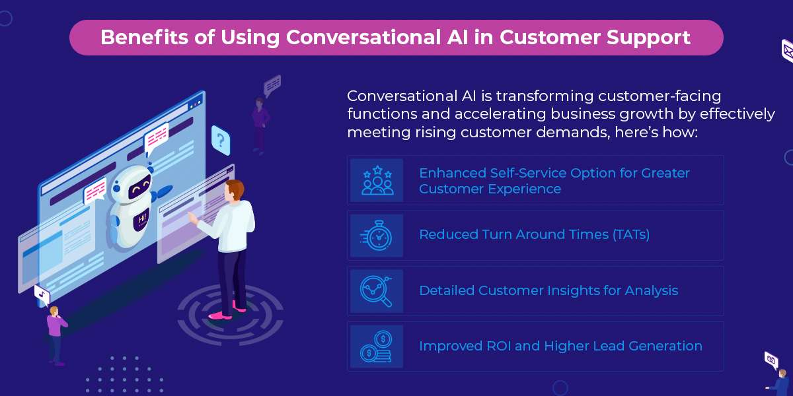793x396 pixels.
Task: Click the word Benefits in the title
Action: click(144, 37)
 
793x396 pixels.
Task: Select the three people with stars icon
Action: click(377, 180)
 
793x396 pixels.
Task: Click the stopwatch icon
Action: click(376, 236)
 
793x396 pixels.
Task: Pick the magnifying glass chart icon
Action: click(376, 291)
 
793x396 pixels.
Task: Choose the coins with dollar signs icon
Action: click(376, 346)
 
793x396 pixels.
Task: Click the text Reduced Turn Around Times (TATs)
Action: click(534, 234)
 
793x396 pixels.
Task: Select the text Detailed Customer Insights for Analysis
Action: click(548, 290)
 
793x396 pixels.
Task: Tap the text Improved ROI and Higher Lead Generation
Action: click(560, 346)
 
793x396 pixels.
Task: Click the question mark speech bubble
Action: click(221, 141)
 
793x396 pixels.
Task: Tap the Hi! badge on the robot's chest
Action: click(141, 220)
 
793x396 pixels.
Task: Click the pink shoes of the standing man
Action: click(227, 311)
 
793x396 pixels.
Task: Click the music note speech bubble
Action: click(42, 294)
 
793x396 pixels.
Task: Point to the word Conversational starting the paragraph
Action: click(402, 96)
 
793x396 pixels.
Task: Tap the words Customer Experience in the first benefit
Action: click(490, 189)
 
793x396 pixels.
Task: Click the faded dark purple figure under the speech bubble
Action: click(260, 126)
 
